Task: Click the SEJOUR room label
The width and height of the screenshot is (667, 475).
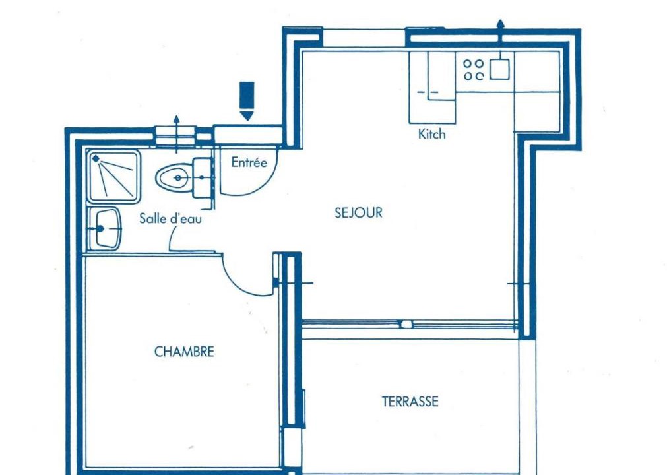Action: pyautogui.click(x=359, y=212)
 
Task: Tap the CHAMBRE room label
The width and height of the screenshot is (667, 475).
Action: pyautogui.click(x=184, y=352)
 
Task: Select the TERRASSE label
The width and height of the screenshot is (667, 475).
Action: pyautogui.click(x=410, y=402)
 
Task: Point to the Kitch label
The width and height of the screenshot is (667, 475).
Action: pyautogui.click(x=431, y=134)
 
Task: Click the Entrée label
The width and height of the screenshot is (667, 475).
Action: pyautogui.click(x=249, y=162)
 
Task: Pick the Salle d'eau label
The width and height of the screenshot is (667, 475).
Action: pyautogui.click(x=171, y=218)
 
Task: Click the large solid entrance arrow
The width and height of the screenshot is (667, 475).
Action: pyautogui.click(x=247, y=101)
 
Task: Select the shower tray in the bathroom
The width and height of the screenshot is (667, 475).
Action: pyautogui.click(x=114, y=175)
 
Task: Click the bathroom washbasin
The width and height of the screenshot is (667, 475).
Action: pyautogui.click(x=107, y=229)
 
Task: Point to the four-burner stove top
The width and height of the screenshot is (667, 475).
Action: pyautogui.click(x=474, y=70)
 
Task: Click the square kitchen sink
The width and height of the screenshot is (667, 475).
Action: pyautogui.click(x=499, y=69)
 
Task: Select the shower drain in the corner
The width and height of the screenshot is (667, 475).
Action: pyautogui.click(x=96, y=158)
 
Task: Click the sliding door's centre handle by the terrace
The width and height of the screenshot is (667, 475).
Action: pyautogui.click(x=406, y=325)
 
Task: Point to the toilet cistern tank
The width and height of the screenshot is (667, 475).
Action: pyautogui.click(x=202, y=177)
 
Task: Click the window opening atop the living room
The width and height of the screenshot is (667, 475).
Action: pyautogui.click(x=364, y=38)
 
